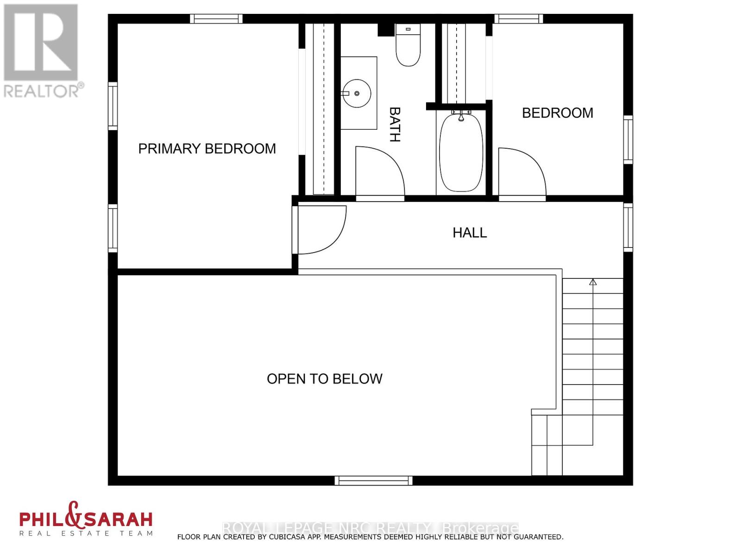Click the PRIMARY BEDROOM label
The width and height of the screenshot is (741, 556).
(207, 149)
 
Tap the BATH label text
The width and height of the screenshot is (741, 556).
(395, 124)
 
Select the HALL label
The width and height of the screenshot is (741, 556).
(470, 233)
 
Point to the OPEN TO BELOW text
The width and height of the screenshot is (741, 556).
(324, 379)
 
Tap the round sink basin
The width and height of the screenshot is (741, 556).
(357, 94)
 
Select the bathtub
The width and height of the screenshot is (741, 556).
(461, 153)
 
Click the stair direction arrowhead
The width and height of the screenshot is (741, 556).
(593, 282)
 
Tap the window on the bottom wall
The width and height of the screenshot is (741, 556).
(374, 480)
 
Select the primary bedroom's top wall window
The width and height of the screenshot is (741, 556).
(216, 19)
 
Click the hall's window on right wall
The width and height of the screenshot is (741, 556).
(628, 227)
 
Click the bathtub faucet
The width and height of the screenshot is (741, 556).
(461, 116)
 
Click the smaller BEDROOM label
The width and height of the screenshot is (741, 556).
(558, 113)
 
